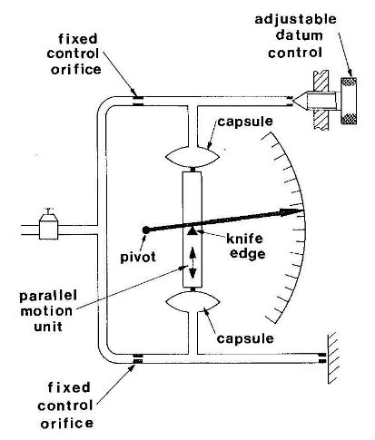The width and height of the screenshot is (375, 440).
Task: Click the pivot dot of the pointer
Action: click(145, 230)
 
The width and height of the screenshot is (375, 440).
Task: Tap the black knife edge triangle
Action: click(192, 230)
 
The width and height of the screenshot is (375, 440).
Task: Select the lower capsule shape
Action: click(192, 302)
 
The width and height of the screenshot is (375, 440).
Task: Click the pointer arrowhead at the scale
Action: click(291, 212)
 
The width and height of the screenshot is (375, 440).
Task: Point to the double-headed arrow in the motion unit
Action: click(192, 263)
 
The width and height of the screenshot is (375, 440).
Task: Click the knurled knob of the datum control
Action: click(349, 101)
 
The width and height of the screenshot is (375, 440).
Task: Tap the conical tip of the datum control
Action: click(300, 101)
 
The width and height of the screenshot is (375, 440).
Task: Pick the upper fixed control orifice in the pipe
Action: click(138, 101)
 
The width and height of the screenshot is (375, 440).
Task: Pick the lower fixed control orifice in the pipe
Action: click(138, 358)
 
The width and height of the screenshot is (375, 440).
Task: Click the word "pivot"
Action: click(138, 258)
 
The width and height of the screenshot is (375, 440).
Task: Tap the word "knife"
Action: click(244, 239)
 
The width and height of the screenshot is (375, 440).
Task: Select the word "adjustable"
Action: click(295, 20)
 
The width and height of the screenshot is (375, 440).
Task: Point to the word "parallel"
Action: click(48, 296)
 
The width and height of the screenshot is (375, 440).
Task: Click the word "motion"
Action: click(46, 311)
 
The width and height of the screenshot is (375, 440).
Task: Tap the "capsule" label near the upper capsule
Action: click(245, 122)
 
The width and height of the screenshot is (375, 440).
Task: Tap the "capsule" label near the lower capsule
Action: click(245, 338)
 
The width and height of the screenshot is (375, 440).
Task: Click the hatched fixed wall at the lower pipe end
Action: click(332, 358)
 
